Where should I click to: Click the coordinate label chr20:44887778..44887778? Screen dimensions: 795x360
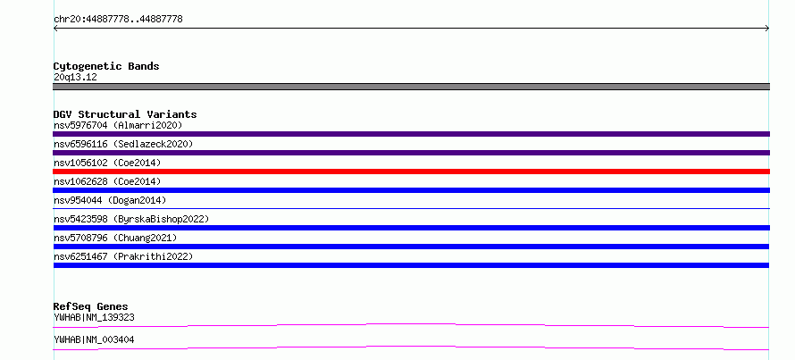(x=118, y=20)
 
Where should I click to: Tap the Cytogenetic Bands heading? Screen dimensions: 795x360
(x=106, y=66)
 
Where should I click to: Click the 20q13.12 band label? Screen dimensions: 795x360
(x=75, y=78)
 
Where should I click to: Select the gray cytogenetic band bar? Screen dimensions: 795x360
(x=411, y=87)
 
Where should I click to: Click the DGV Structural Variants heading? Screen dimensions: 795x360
(x=125, y=114)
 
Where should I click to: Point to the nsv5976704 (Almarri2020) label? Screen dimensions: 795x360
(x=118, y=125)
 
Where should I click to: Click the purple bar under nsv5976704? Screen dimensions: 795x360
(x=411, y=134)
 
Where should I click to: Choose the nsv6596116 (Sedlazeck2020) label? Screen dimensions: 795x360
(x=123, y=144)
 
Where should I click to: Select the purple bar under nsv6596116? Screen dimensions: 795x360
(x=411, y=153)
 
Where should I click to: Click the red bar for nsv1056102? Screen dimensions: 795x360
(x=411, y=172)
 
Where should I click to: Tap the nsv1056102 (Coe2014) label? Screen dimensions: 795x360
(x=107, y=163)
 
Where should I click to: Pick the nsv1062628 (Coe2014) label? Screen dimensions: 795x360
(x=107, y=181)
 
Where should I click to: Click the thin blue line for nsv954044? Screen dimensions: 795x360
(x=411, y=208)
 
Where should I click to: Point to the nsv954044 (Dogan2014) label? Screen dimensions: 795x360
(x=110, y=200)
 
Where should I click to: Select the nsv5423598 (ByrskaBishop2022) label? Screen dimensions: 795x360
(x=131, y=219)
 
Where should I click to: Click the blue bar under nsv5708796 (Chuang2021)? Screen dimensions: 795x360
(x=411, y=247)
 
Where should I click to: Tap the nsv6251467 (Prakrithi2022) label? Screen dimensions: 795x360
(x=123, y=256)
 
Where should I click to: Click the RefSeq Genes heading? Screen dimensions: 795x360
(x=91, y=306)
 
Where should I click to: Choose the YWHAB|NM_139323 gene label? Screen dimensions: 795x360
(x=94, y=317)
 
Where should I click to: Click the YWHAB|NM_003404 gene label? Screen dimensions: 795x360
(x=94, y=339)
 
